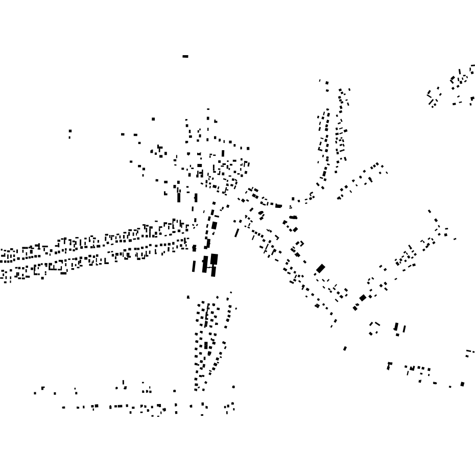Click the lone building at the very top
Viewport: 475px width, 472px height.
(x=185, y=56)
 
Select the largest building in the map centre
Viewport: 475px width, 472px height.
(x=214, y=259)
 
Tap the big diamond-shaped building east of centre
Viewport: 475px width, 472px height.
(x=321, y=268)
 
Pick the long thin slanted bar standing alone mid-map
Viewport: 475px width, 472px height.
(x=237, y=232)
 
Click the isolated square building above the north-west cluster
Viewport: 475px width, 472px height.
(x=153, y=119)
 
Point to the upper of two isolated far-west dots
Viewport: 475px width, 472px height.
(x=70, y=131)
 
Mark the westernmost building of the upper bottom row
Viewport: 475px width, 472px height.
(x=35, y=393)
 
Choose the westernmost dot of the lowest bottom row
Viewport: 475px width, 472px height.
(x=63, y=407)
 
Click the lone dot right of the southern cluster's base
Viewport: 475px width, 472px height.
(x=233, y=387)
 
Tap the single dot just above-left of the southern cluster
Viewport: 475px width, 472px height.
(x=188, y=297)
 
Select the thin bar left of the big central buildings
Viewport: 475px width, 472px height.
(x=194, y=266)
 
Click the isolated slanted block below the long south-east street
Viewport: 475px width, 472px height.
(x=345, y=348)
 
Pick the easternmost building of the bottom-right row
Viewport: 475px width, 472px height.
(x=462, y=384)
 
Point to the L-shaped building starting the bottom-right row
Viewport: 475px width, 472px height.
(x=389, y=366)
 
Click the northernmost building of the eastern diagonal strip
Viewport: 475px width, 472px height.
(x=429, y=210)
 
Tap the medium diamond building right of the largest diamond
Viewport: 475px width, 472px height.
(x=363, y=298)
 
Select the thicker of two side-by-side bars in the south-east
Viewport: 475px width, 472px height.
(x=396, y=326)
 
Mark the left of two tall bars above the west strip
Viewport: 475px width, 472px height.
(x=179, y=197)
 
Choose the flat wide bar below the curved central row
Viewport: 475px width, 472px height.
(x=293, y=217)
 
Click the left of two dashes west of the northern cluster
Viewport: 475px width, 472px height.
(x=123, y=134)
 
